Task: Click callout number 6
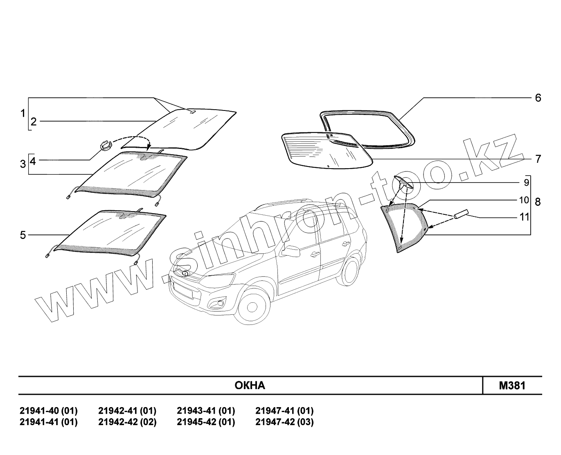click(538, 98)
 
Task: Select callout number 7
click(538, 159)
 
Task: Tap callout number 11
click(524, 217)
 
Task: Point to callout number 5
click(23, 235)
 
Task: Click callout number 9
click(527, 181)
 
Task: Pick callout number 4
click(33, 161)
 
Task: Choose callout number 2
click(34, 122)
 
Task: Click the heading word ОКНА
click(250, 385)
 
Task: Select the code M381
click(512, 385)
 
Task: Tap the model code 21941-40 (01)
click(48, 411)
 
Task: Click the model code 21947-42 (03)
click(284, 422)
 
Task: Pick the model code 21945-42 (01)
click(206, 422)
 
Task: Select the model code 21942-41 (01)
click(127, 411)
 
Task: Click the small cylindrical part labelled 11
click(460, 215)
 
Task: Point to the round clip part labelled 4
click(105, 145)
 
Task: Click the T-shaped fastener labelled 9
click(403, 184)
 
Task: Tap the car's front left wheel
click(253, 308)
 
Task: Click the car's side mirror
click(289, 251)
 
